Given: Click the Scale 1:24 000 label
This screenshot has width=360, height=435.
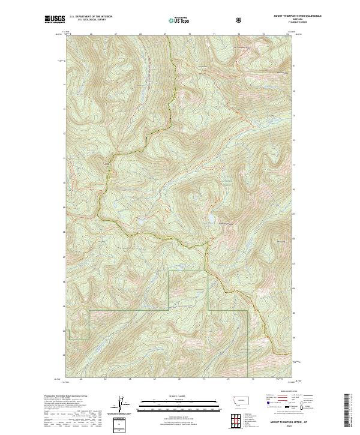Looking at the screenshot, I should coord(179,395).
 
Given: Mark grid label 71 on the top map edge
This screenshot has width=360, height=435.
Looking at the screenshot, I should coord(214,34).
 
